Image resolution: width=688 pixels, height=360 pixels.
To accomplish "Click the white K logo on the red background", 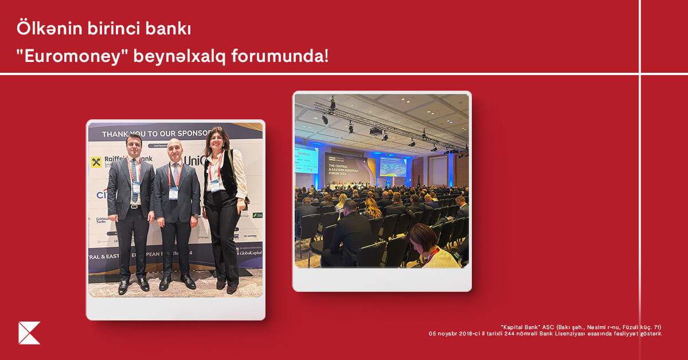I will (29, 333).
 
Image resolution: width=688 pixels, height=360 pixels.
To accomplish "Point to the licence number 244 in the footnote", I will (526, 334).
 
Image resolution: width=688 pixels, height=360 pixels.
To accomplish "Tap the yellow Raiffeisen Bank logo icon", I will (96, 162).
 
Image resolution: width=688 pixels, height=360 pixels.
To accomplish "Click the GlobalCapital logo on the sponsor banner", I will (250, 252).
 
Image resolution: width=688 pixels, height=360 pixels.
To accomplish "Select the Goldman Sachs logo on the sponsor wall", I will (101, 221).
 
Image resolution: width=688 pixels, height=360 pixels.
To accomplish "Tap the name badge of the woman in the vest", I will (215, 184).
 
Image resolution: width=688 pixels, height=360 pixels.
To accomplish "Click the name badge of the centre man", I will (173, 192).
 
